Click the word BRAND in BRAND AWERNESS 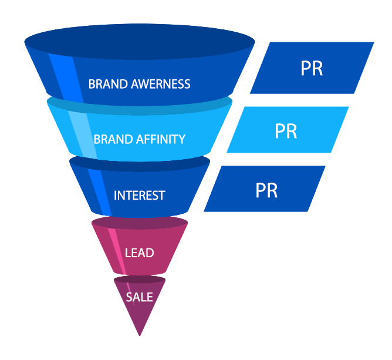pyautogui.click(x=105, y=84)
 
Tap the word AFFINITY pyautogui.click(x=161, y=139)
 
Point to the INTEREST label pyautogui.click(x=139, y=196)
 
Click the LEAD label pyautogui.click(x=140, y=253)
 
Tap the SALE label pyautogui.click(x=139, y=297)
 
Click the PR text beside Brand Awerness pyautogui.click(x=312, y=69)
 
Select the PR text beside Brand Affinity pyautogui.click(x=286, y=131)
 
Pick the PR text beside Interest pyautogui.click(x=266, y=190)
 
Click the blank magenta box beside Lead pyautogui.click(x=258, y=249)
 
